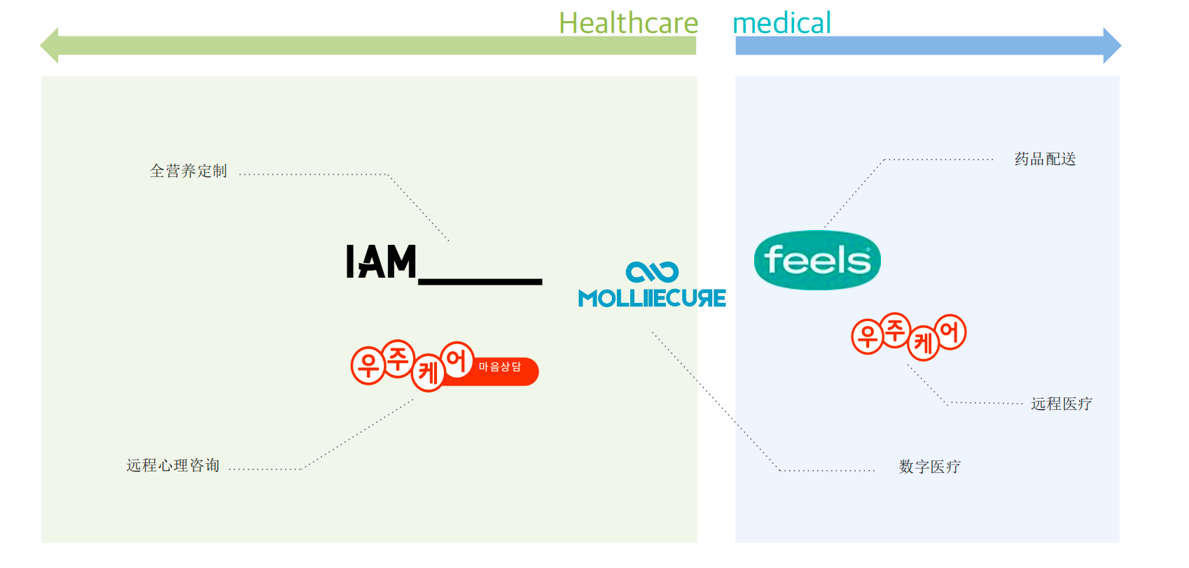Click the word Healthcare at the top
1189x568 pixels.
(x=628, y=23)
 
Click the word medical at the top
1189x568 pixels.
(x=781, y=23)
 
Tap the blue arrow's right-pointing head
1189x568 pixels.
(x=1111, y=45)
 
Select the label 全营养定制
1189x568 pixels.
(x=188, y=171)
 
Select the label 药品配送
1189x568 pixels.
(x=1045, y=159)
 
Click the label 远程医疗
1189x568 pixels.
(x=1061, y=404)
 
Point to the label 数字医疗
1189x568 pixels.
(x=929, y=467)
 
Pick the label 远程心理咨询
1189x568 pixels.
(x=173, y=466)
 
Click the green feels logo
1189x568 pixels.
(x=817, y=260)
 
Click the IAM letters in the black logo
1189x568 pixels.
(x=382, y=262)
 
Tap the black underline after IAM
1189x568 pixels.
(x=480, y=281)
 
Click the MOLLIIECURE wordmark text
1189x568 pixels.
(x=652, y=299)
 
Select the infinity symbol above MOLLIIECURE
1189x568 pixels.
(x=652, y=271)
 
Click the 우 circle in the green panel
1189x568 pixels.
(x=368, y=365)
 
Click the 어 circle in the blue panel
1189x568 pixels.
(x=950, y=332)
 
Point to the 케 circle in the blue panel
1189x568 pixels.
(x=923, y=343)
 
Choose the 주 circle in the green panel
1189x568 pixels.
(x=398, y=358)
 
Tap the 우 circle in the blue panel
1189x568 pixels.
(x=868, y=336)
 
